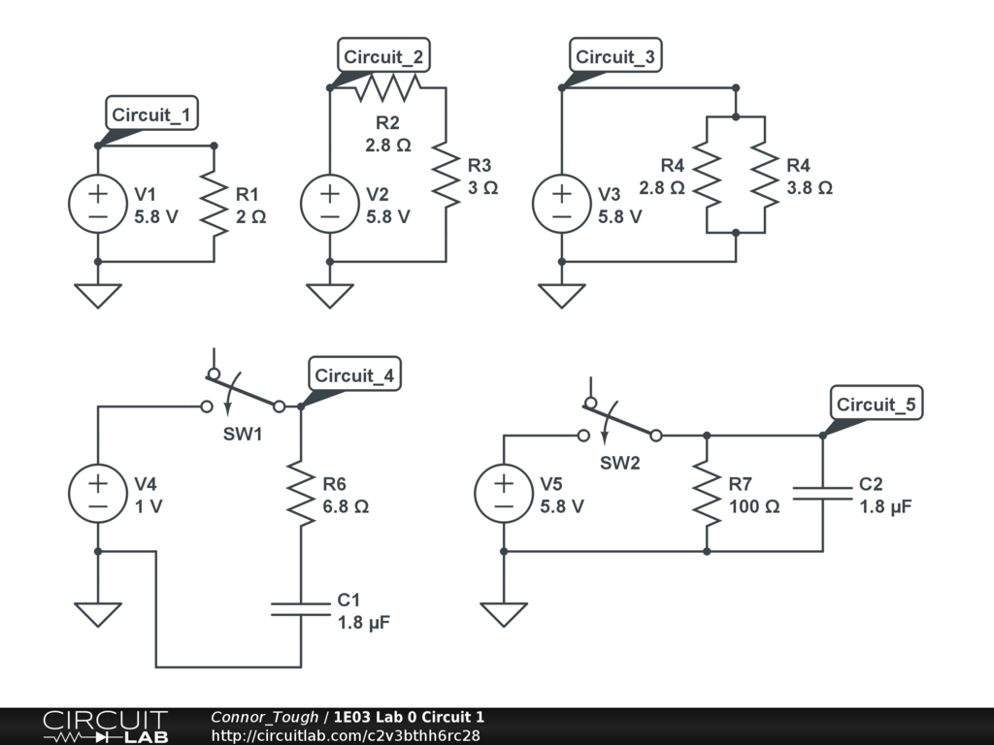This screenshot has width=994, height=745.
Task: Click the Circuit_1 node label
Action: point(151,113)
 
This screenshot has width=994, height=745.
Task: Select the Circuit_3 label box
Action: point(614,55)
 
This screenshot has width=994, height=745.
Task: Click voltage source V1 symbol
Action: point(98,204)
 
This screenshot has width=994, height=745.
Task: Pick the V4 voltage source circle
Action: point(98,494)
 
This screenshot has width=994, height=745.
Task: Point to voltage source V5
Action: point(504,494)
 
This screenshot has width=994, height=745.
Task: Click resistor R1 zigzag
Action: point(214,204)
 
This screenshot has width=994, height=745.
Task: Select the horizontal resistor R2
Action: point(387,87)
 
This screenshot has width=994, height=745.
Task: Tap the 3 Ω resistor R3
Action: point(446,175)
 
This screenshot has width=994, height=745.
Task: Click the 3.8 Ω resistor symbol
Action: point(765,175)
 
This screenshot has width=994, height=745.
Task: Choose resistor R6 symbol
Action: point(301,494)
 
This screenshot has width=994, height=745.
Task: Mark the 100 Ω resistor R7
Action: point(707,494)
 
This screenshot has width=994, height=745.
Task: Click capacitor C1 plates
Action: point(301,609)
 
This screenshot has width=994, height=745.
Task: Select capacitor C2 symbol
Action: point(823,494)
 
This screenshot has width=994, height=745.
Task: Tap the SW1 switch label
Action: point(242,434)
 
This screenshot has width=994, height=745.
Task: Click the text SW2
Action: point(619,463)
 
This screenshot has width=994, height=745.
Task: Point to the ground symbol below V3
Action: point(562,296)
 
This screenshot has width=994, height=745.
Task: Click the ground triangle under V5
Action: point(504,614)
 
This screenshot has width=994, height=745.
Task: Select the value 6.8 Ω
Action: point(346,506)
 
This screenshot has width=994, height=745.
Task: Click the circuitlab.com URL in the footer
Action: point(346,735)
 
